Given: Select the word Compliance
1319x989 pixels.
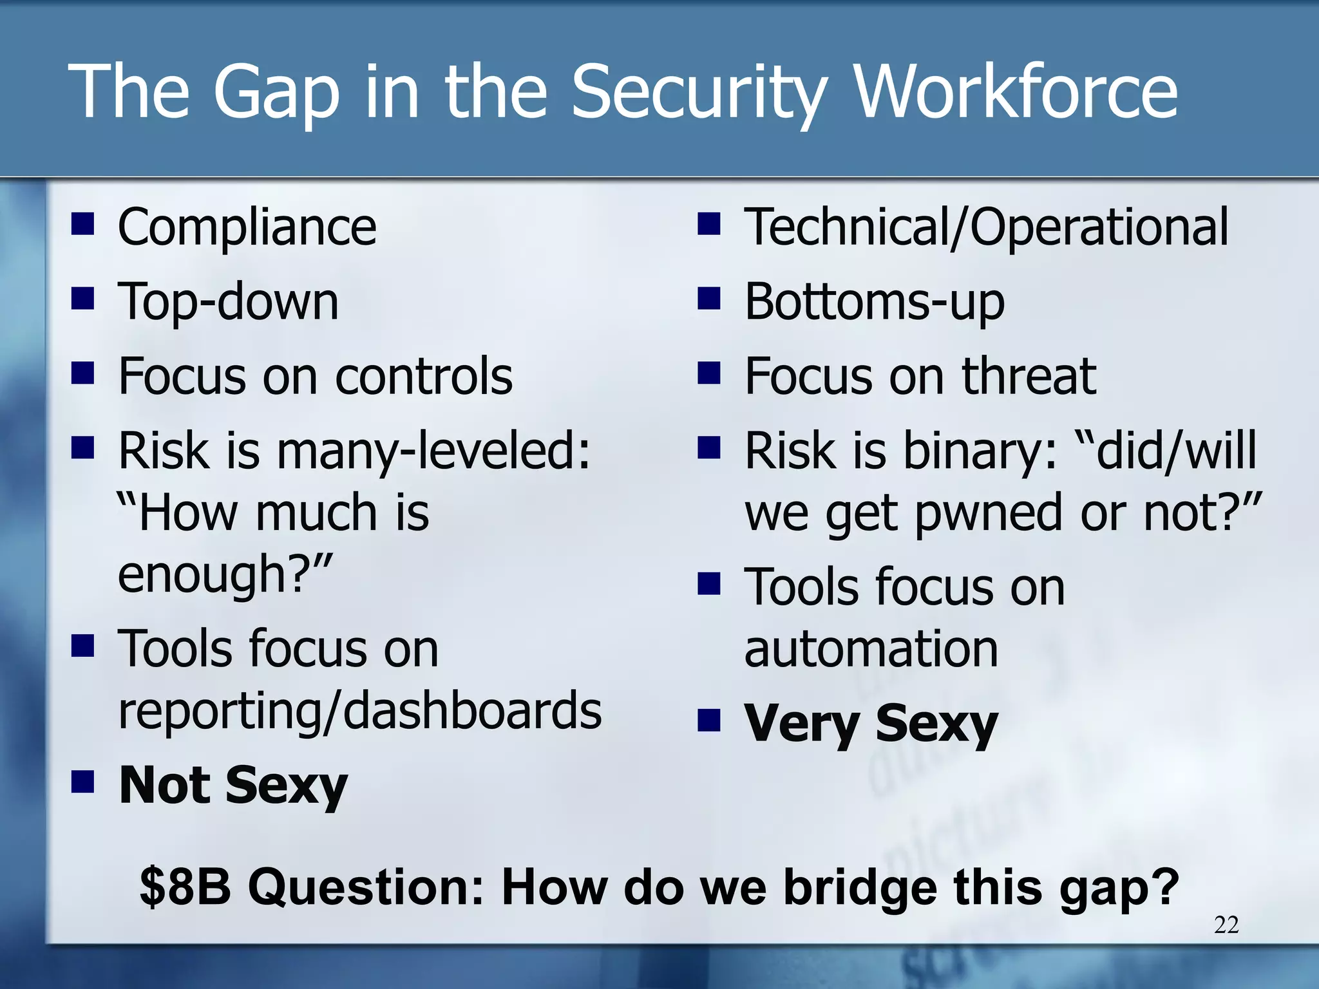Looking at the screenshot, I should point(247,227).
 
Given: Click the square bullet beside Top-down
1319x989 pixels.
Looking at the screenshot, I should point(82,299).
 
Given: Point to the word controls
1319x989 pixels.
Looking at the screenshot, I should point(424,376).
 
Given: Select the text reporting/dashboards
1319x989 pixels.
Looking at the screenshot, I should point(359,711).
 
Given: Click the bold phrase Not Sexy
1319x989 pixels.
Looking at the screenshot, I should point(233,786).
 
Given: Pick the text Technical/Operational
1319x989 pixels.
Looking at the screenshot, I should point(986,227).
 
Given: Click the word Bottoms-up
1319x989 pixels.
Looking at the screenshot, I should point(874,301).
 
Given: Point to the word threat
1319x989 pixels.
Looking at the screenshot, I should point(1029,376).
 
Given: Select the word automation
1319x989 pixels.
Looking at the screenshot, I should point(871,649).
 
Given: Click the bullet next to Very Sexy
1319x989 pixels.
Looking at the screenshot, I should point(708,721).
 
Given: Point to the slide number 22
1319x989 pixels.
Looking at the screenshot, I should point(1226,925).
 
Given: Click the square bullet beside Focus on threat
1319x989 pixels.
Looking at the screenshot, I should point(708,373).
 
